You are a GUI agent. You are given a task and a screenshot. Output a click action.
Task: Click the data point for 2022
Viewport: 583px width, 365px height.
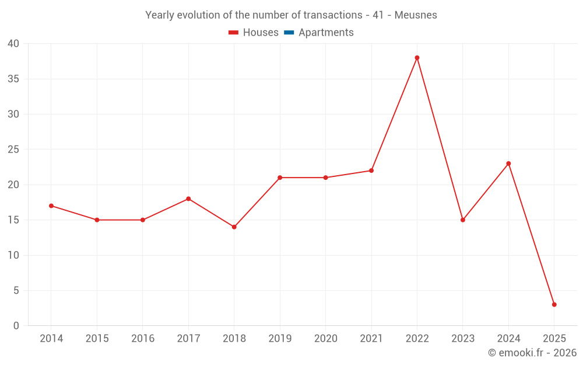coord(417,58)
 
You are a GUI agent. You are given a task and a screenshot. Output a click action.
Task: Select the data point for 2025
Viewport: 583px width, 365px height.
coord(554,304)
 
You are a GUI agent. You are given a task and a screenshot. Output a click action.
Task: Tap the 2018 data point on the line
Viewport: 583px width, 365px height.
coord(234,227)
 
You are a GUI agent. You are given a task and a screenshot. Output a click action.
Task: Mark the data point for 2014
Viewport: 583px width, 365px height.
coord(51,206)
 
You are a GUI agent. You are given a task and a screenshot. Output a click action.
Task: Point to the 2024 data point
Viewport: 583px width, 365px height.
coord(508,164)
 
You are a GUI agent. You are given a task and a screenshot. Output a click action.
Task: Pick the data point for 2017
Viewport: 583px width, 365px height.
coord(188,199)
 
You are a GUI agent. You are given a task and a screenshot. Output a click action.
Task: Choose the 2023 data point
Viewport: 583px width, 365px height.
coord(463,220)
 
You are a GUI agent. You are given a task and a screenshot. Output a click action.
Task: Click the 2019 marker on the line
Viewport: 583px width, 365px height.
coord(280,178)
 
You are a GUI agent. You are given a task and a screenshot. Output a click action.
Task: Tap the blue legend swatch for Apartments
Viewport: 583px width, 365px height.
coord(288,33)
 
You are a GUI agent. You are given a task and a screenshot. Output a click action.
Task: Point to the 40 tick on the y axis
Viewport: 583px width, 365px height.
coord(13,44)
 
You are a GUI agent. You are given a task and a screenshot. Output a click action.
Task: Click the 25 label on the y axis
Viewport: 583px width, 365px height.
coord(13,150)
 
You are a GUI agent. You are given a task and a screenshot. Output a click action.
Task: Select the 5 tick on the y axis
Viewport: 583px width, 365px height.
coord(16,290)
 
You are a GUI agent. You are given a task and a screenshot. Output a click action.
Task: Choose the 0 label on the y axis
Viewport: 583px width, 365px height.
coord(16,326)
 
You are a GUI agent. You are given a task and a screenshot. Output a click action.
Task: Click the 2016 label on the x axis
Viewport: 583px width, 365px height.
coord(143,339)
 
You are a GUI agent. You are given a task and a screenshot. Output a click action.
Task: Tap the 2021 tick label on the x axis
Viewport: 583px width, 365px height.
coord(371,339)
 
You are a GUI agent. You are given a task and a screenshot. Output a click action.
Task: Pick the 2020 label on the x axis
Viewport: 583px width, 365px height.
coord(325,339)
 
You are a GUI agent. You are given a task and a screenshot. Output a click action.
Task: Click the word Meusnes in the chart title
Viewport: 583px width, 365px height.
coord(416,15)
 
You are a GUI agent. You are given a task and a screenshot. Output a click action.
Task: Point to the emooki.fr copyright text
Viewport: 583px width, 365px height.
coord(532,353)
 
